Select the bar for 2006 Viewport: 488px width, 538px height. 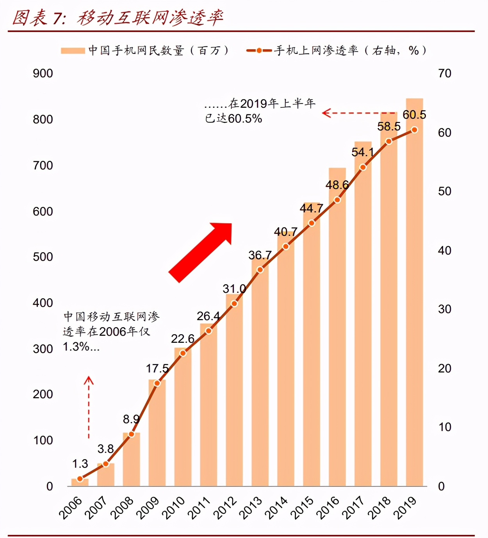(80, 483)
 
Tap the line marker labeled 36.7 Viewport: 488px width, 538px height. (260, 270)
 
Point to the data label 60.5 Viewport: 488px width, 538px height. (414, 115)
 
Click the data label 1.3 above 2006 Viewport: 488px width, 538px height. (80, 464)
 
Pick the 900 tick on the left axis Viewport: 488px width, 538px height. (43, 73)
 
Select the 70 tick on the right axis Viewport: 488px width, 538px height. (444, 73)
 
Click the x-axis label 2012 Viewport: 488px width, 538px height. (225, 508)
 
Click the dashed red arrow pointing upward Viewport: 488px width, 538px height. (89, 406)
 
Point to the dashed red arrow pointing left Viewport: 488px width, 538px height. (359, 113)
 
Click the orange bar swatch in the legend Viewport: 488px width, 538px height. (73, 51)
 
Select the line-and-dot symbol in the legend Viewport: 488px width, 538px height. (259, 51)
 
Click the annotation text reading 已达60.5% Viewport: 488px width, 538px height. (233, 118)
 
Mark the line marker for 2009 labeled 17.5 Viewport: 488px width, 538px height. (157, 383)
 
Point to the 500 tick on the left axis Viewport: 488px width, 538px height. (43, 257)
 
